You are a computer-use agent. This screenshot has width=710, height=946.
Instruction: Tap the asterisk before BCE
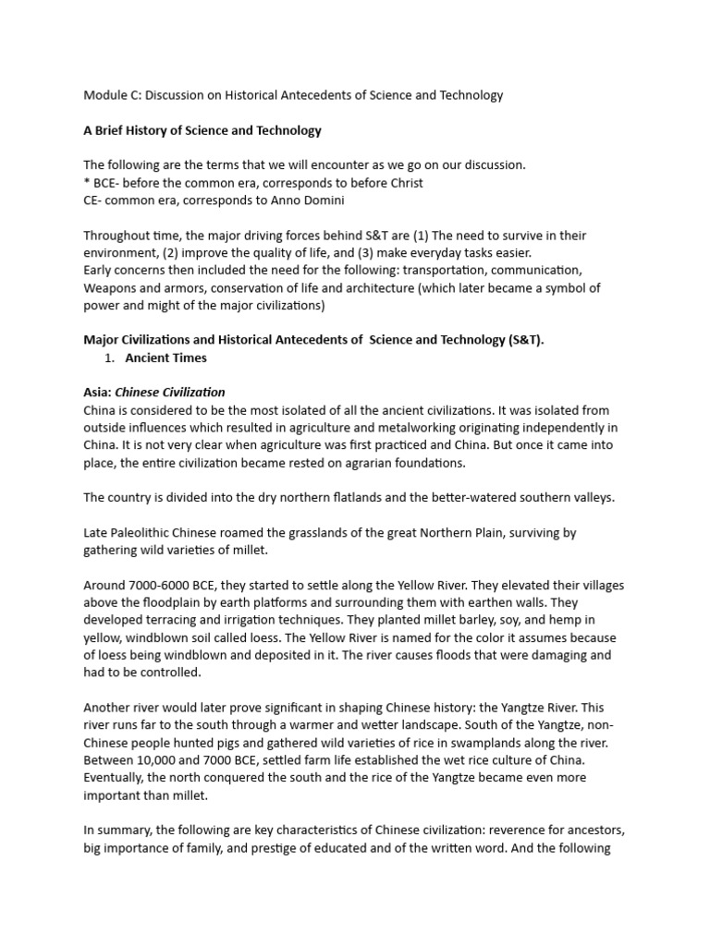[87, 183]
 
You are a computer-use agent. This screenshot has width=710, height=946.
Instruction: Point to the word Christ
[399, 183]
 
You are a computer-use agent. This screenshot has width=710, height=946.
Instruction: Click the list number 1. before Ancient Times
[114, 358]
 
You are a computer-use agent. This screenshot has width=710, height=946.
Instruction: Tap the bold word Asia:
[98, 393]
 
